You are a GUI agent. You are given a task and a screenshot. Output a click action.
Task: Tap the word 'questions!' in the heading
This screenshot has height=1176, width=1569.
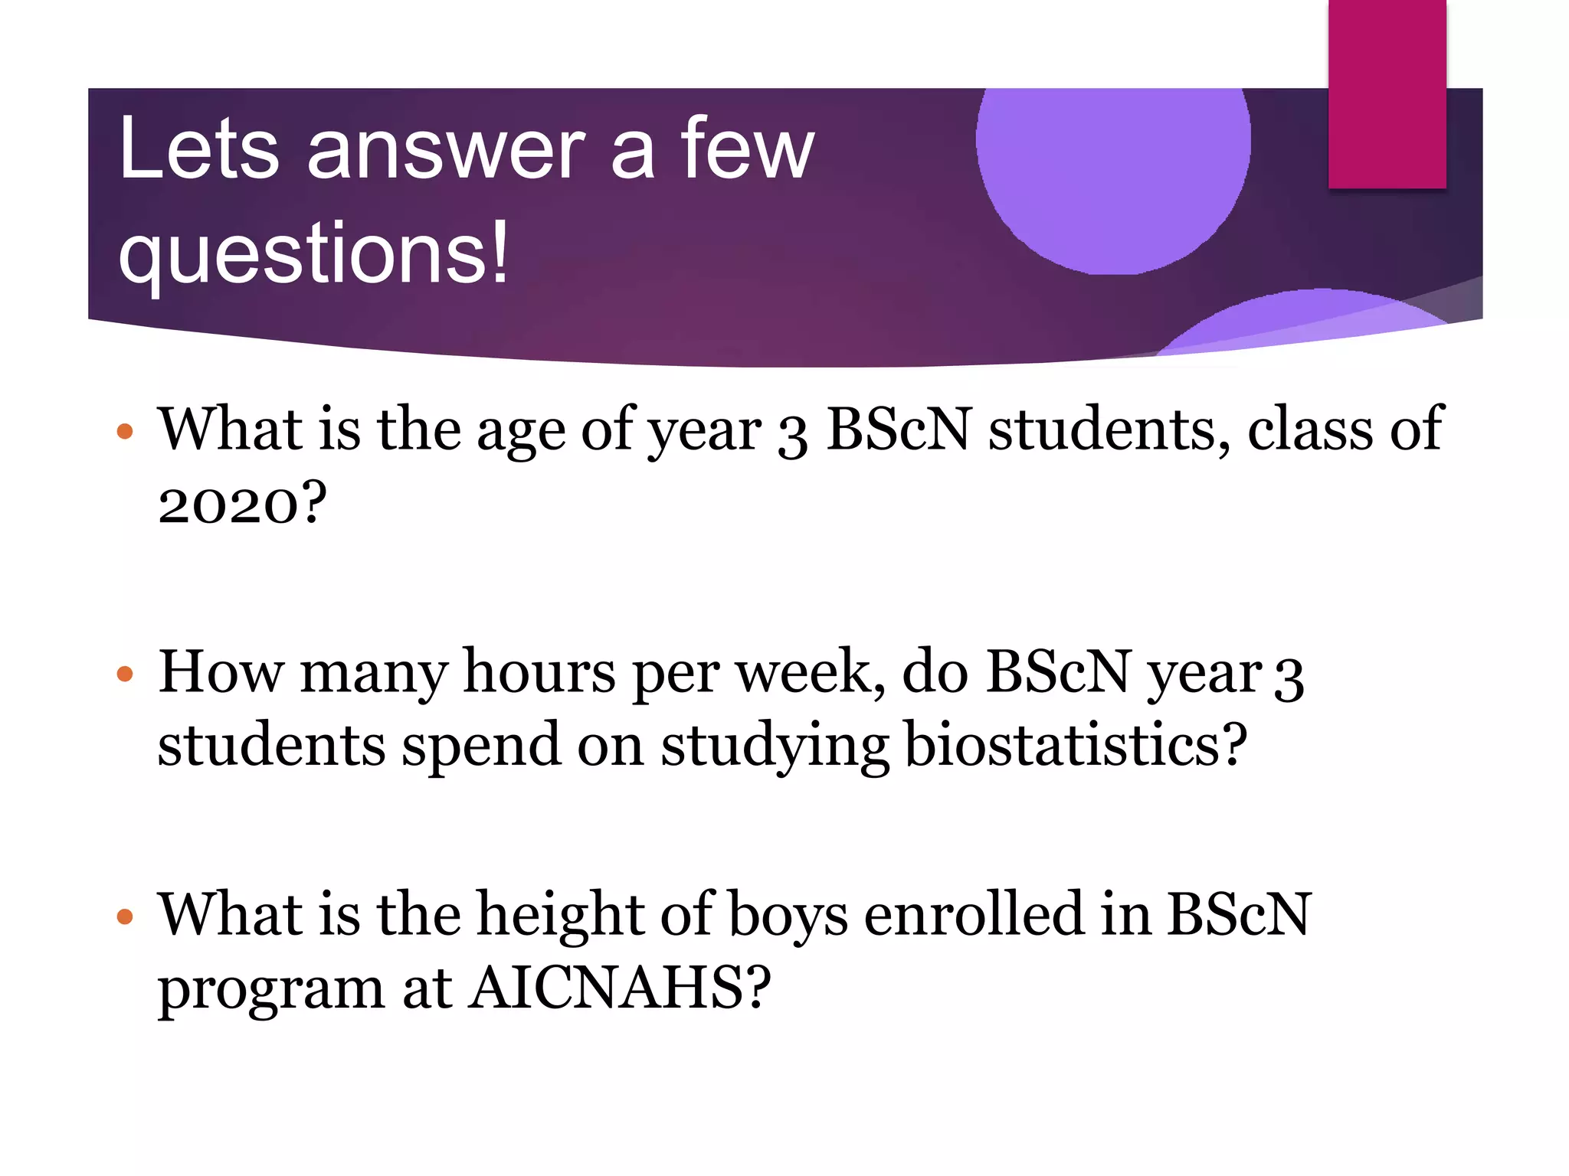coord(313,253)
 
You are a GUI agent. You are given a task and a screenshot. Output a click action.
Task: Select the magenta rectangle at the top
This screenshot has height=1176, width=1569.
coord(1387,93)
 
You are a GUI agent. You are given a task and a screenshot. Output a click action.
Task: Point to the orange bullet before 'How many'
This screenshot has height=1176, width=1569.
coord(125,675)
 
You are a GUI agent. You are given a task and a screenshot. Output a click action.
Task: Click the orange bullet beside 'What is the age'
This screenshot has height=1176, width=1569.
coord(125,432)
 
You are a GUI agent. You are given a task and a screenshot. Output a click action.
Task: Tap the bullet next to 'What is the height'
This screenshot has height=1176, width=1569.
coord(125,916)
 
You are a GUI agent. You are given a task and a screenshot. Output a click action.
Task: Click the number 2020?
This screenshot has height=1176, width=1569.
coord(242,505)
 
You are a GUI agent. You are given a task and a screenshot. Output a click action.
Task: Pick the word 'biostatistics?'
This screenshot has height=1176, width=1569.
coord(1076,746)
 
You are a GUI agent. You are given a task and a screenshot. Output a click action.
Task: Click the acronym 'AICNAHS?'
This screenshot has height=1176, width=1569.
coord(620,988)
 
